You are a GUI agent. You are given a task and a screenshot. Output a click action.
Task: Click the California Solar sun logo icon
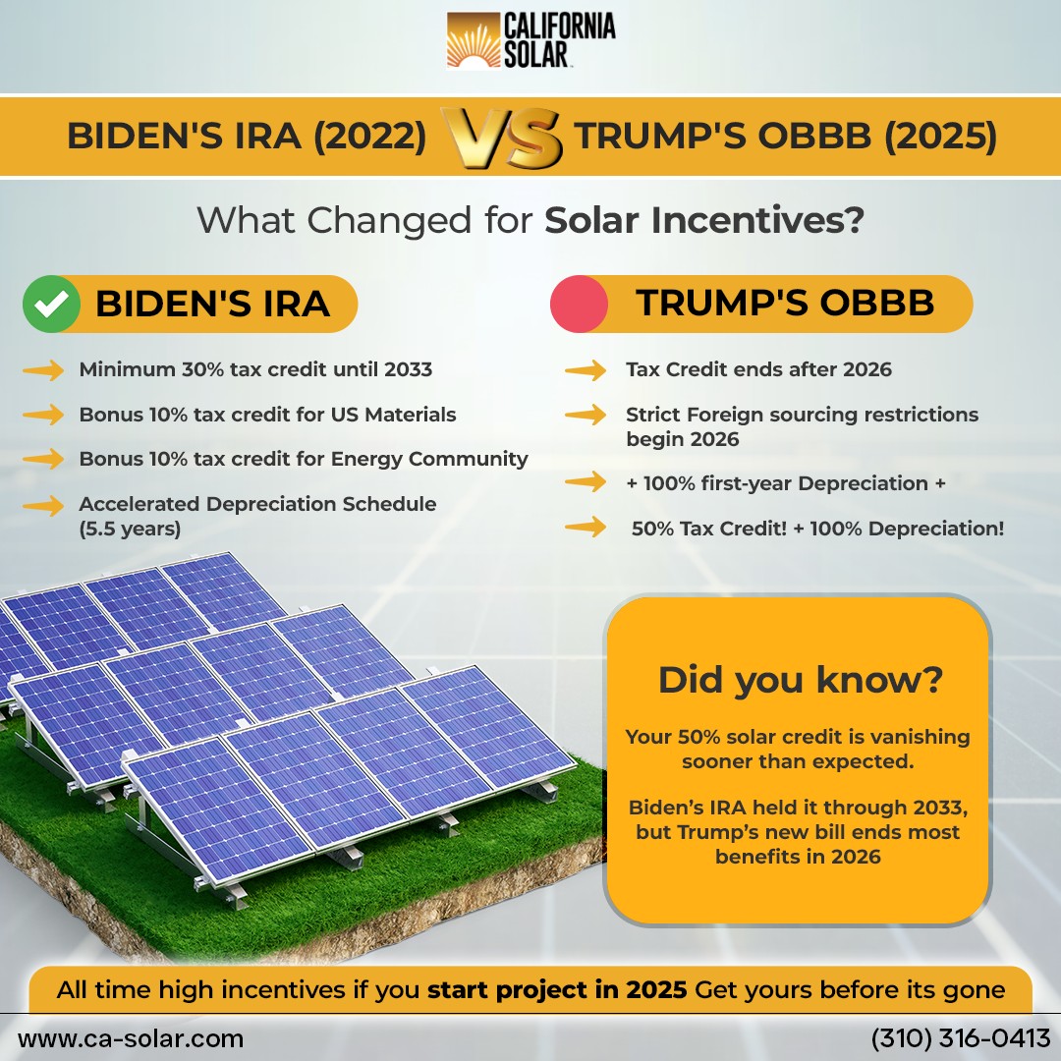coord(473,40)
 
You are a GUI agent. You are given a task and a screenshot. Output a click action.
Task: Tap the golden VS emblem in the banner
coord(501,139)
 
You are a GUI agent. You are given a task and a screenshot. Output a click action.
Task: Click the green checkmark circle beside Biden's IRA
coord(51,304)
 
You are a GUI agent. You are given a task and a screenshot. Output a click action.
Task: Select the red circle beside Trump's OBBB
coord(579,304)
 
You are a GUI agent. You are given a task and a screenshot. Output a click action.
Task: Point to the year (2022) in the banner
coord(369,136)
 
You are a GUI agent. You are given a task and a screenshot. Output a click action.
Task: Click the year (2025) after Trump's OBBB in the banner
coord(940,136)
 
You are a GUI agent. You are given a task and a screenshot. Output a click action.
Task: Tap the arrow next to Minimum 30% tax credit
coord(43,370)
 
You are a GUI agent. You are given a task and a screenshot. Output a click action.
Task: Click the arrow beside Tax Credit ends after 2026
coord(586,370)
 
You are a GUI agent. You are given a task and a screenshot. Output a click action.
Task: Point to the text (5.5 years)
coord(130,529)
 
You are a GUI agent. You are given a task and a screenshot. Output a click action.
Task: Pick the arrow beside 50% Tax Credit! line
coord(586,527)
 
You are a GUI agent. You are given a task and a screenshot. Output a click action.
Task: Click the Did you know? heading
coord(800,680)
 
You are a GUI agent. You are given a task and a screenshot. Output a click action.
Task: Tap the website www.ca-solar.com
coord(131,1038)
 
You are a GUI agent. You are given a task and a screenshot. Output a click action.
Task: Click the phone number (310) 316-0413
coord(961,1038)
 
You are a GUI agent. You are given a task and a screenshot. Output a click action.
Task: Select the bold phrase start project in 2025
coord(557,990)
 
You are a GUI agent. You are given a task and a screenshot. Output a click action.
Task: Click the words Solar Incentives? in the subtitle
coord(704,221)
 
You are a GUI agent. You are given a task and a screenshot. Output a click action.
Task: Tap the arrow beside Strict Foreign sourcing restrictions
coord(586,415)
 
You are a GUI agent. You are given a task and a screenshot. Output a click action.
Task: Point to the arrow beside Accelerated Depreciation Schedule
coord(43,506)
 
